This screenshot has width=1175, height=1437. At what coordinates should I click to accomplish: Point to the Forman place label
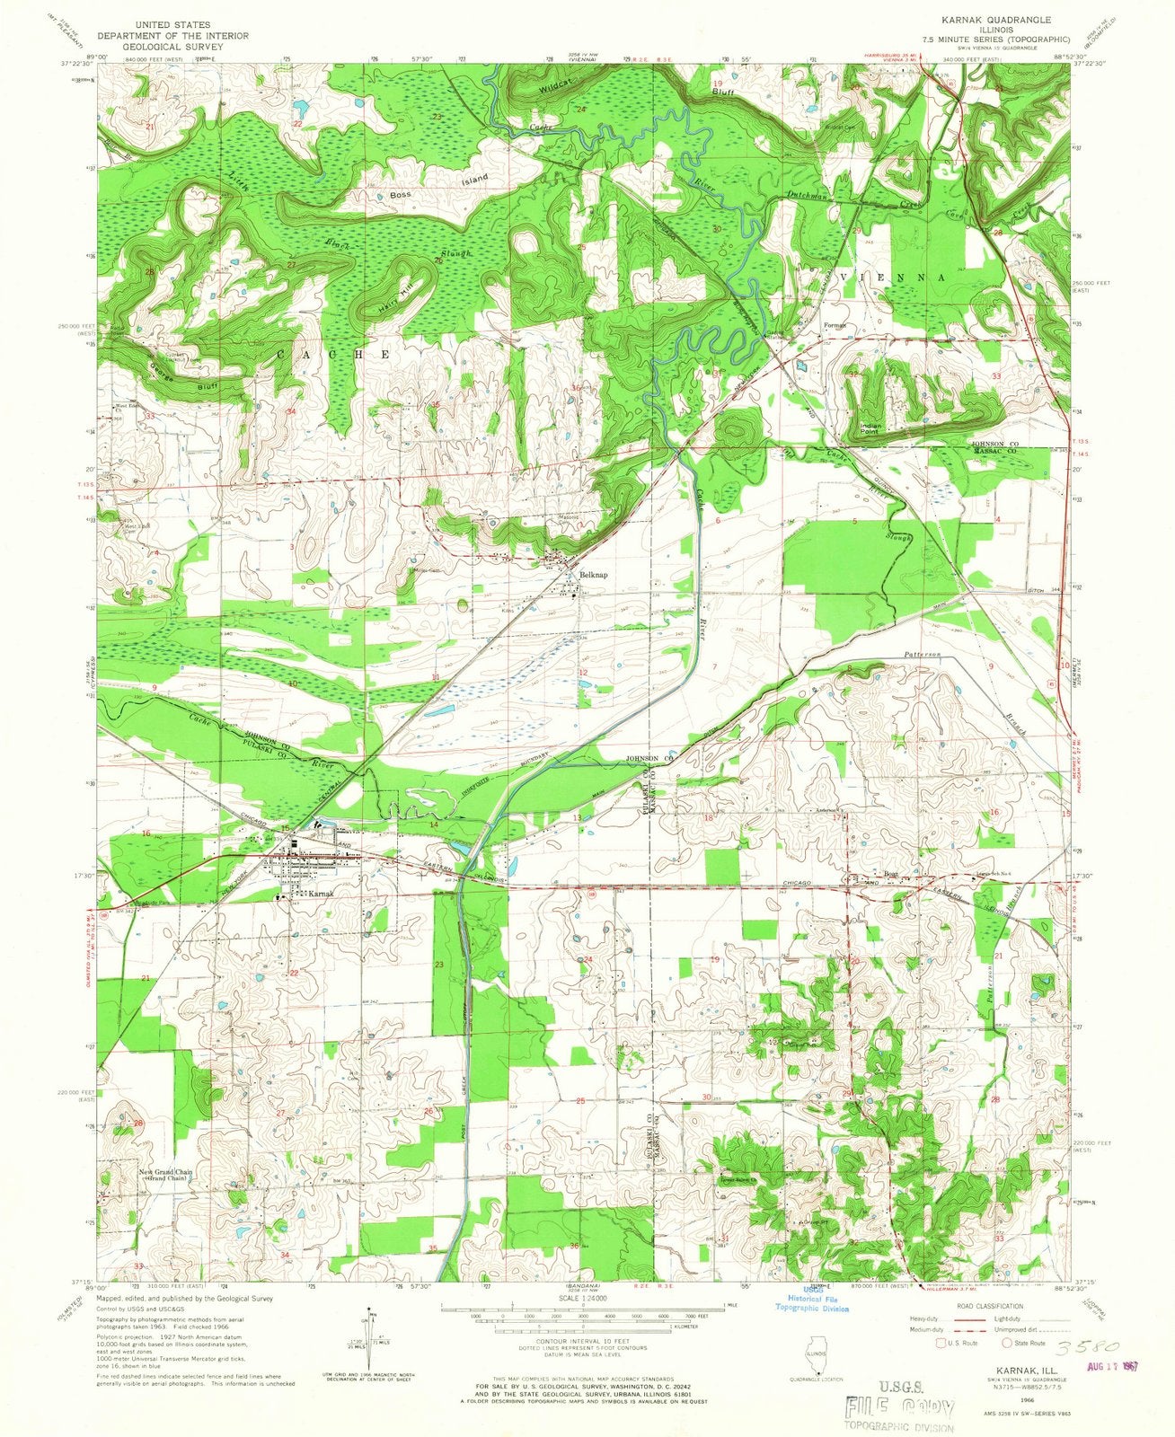pyautogui.click(x=836, y=325)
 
